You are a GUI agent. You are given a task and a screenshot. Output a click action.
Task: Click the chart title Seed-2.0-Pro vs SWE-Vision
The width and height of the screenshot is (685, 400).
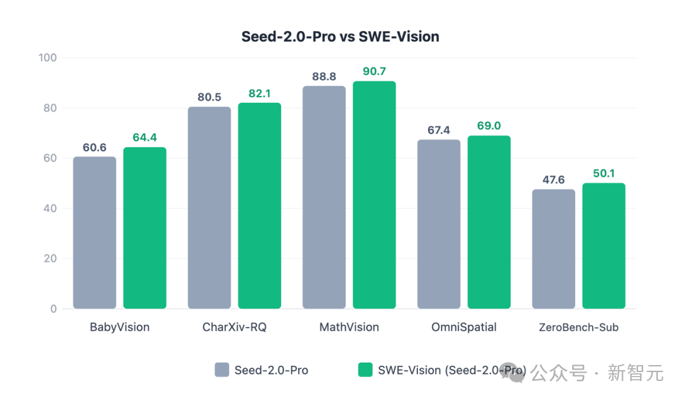pyautogui.click(x=340, y=36)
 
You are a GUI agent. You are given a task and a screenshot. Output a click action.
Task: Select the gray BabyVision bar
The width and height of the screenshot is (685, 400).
pyautogui.click(x=95, y=232)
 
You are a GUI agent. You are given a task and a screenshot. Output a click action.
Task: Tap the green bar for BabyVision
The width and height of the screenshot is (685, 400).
pyautogui.click(x=145, y=228)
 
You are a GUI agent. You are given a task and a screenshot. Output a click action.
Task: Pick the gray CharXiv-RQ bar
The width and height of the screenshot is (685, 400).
pyautogui.click(x=209, y=208)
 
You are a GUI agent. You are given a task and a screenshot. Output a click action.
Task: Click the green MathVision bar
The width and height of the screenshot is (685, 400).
pyautogui.click(x=374, y=195)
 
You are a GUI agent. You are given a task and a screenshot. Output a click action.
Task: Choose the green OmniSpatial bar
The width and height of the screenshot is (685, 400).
pyautogui.click(x=489, y=222)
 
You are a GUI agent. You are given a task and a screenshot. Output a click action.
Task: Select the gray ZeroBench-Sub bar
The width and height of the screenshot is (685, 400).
pyautogui.click(x=554, y=249)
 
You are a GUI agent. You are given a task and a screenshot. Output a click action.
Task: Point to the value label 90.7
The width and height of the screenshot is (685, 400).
pyautogui.click(x=374, y=72)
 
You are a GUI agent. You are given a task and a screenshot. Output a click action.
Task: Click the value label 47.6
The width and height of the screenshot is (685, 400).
pyautogui.click(x=554, y=180)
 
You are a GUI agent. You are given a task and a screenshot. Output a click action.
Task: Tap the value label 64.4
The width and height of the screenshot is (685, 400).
pyautogui.click(x=145, y=138)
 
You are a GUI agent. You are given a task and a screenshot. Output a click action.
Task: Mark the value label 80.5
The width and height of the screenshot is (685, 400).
pyautogui.click(x=209, y=97)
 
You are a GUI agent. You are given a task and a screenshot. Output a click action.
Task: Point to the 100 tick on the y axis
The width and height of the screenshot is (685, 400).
pyautogui.click(x=48, y=58)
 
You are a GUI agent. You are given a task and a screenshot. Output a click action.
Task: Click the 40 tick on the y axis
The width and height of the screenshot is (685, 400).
pyautogui.click(x=49, y=208)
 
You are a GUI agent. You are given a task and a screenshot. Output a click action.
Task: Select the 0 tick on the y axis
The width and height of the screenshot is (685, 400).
pyautogui.click(x=53, y=309)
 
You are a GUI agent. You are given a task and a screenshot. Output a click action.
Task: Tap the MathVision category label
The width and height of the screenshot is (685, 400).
pyautogui.click(x=349, y=328)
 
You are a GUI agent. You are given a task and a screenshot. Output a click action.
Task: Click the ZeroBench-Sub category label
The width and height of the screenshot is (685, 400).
pyautogui.click(x=578, y=328)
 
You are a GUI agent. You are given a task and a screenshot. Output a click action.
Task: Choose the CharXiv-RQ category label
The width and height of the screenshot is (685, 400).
pyautogui.click(x=234, y=328)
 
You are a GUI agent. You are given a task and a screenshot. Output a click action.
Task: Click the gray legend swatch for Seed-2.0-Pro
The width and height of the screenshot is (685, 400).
pyautogui.click(x=222, y=370)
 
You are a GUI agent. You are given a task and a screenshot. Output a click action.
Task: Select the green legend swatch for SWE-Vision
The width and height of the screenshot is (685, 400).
pyautogui.click(x=365, y=370)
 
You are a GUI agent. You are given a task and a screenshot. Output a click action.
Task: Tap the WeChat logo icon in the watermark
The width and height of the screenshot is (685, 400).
pyautogui.click(x=516, y=373)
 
